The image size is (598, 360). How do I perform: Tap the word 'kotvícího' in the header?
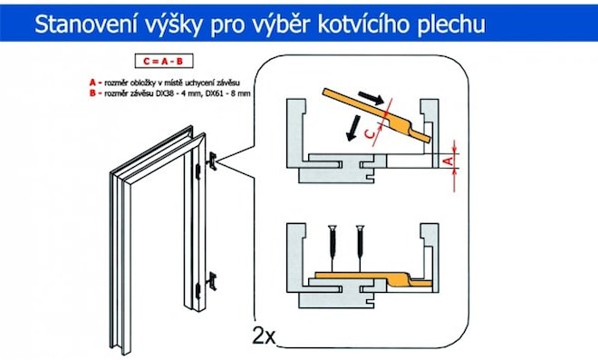click(367, 24)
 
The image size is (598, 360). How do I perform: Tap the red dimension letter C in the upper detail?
click(367, 133)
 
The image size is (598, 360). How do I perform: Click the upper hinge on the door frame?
click(213, 161)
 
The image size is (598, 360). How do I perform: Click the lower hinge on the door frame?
click(213, 278)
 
